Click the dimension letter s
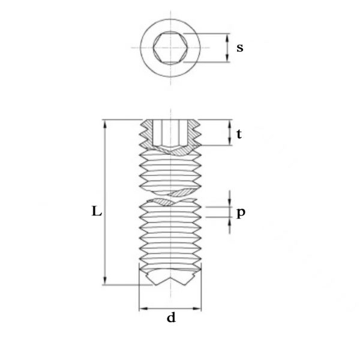pos(240,48)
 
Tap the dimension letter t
pos(239,134)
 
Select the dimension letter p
pos(241,213)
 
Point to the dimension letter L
pos(97,211)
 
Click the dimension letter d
pos(171,317)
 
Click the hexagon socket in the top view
pos(170,48)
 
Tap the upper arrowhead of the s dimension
pos(227,38)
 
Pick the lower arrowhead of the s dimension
pos(227,58)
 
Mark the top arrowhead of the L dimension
pos(105,124)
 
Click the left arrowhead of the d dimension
pos(143,308)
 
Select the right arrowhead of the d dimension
pos(197,308)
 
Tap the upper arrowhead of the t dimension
pos(230,124)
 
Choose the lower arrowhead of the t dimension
pos(230,141)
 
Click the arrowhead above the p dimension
pos(230,203)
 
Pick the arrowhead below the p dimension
pos(230,221)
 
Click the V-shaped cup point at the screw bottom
pos(170,278)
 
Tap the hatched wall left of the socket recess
pos(147,134)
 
